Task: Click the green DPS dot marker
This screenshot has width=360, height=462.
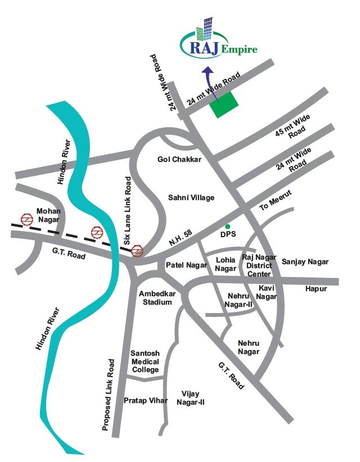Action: pos(228,226)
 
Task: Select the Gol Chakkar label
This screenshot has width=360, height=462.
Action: pos(179,160)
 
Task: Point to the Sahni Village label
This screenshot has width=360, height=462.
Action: pos(192,197)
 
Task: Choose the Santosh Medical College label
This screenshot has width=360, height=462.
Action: pos(145,361)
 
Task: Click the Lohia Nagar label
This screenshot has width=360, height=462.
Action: pos(226,264)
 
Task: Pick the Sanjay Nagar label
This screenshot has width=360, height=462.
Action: pos(305,262)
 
